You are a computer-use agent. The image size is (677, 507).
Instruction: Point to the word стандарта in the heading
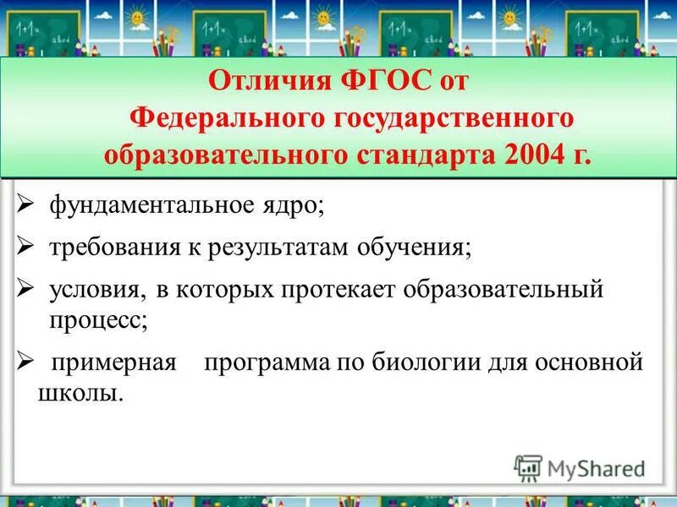click(x=403, y=155)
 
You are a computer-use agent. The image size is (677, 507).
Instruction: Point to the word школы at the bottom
click(x=80, y=393)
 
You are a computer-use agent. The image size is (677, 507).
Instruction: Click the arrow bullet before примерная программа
click(x=25, y=362)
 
